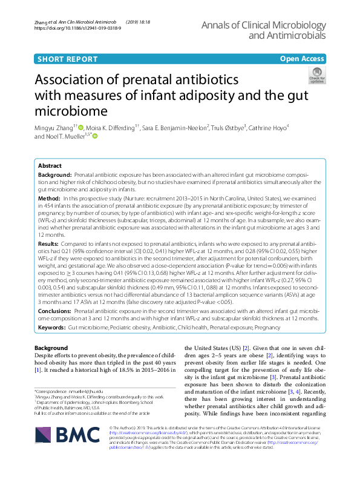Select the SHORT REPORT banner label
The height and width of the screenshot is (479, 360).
67,59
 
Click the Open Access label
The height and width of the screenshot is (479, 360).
301,59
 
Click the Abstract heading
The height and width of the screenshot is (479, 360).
50,165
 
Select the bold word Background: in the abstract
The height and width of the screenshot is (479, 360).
54,174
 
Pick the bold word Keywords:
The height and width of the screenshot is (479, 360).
51,327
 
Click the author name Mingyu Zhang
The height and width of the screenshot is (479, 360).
54,128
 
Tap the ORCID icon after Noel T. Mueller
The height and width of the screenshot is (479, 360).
94,137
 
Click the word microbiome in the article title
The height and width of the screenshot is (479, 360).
73,111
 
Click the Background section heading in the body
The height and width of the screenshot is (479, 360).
51,348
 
